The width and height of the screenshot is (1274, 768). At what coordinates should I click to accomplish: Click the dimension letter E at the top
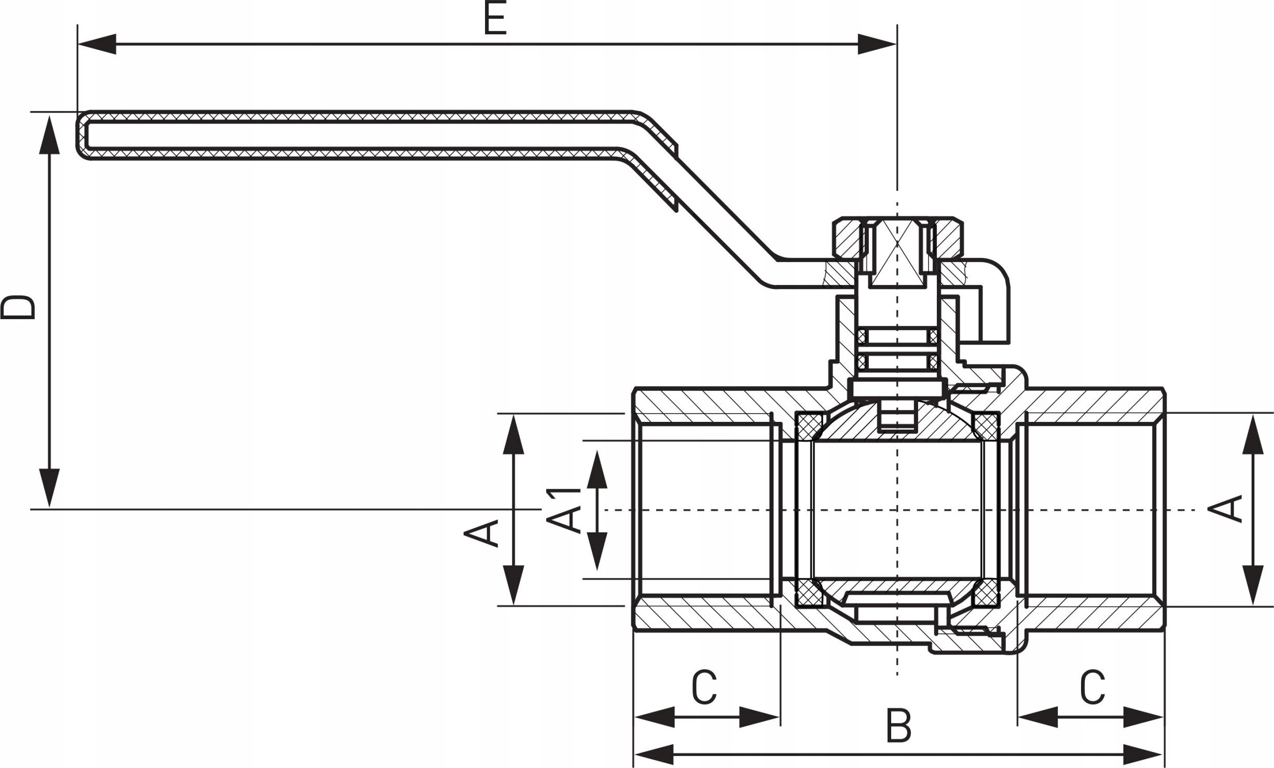[495, 19]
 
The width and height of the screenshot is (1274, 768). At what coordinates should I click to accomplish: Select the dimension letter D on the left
[19, 308]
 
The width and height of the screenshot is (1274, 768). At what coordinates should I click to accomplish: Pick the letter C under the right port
[1092, 687]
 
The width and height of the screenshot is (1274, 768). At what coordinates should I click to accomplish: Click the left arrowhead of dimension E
[96, 45]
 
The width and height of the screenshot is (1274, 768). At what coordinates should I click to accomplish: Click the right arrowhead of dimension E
[877, 45]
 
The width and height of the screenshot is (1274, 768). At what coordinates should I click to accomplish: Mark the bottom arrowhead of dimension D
[49, 488]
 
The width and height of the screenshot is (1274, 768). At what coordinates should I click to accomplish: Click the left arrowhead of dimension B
[653, 753]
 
